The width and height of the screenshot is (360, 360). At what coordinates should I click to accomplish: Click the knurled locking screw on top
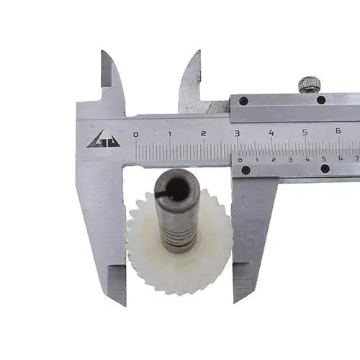pos(310,84)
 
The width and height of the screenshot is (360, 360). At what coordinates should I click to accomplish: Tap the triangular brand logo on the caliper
pos(104,139)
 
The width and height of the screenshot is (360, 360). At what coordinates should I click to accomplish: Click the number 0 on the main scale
pos(136,135)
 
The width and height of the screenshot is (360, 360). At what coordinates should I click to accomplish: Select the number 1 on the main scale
pos(170,134)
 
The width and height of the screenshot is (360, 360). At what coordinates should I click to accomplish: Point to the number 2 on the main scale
pos(204,133)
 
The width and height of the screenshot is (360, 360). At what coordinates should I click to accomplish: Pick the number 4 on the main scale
pos(271,132)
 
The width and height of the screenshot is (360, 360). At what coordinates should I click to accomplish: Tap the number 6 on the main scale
pos(338,131)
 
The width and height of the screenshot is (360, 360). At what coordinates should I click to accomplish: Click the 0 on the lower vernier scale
pos(240,161)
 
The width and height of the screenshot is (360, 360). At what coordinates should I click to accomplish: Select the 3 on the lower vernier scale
pos(290,160)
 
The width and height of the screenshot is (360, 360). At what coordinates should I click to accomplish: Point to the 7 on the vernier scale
pos(357,158)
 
